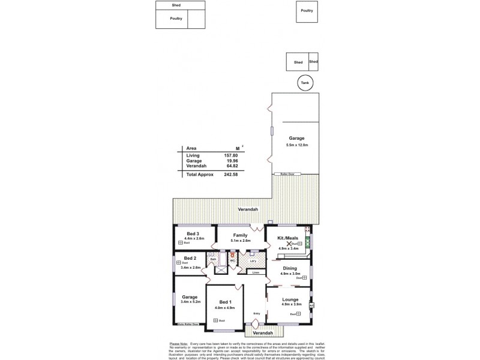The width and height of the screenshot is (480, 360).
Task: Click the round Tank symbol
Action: click(x=305, y=83)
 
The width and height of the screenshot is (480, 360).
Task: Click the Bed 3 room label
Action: click(x=193, y=233)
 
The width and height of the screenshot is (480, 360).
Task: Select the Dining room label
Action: click(x=290, y=268)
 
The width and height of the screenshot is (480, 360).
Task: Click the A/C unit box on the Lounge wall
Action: click(x=311, y=306)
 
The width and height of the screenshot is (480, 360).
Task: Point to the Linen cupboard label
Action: click(x=256, y=272)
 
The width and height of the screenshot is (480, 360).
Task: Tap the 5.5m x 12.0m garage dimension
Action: click(x=296, y=145)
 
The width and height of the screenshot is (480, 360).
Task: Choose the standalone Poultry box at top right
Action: click(x=307, y=11)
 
